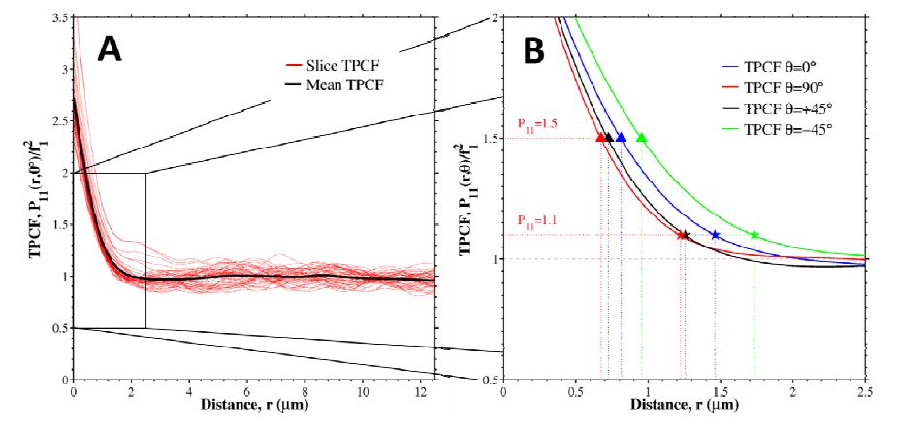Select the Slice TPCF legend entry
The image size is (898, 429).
[315, 65]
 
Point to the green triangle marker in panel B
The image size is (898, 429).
[641, 138]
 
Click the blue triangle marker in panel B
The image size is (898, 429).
[622, 138]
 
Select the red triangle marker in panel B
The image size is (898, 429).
[601, 138]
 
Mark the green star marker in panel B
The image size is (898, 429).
[754, 235]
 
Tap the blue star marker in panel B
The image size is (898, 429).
[716, 235]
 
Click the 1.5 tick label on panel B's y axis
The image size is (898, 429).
[487, 138]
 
